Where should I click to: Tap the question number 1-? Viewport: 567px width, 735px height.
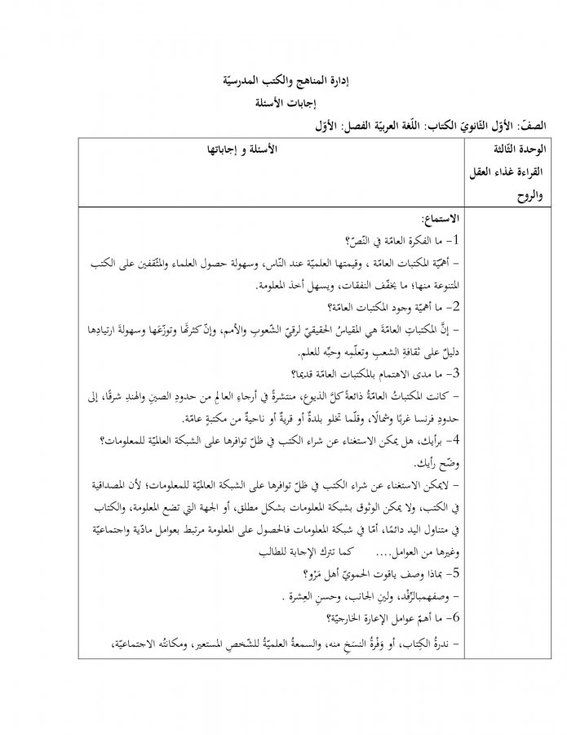(453, 241)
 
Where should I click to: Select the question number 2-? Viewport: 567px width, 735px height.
(453, 308)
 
